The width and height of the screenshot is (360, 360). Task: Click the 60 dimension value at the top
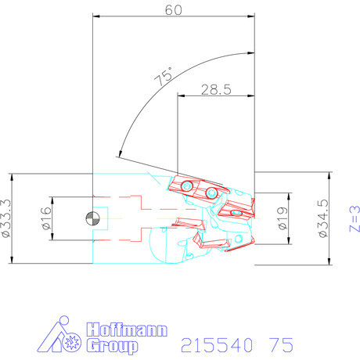[174, 10]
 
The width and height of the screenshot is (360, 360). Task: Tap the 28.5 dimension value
[216, 90]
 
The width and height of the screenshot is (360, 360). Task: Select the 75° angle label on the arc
[164, 76]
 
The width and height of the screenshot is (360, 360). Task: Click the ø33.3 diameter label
[6, 218]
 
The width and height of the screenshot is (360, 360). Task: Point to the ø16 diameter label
[46, 218]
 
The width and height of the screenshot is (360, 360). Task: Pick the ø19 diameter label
[283, 218]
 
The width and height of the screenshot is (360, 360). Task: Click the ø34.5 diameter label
[323, 218]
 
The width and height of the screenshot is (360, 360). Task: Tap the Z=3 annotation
[355, 219]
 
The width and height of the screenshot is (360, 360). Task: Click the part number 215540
[217, 345]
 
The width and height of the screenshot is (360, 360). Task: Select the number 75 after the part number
[281, 345]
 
